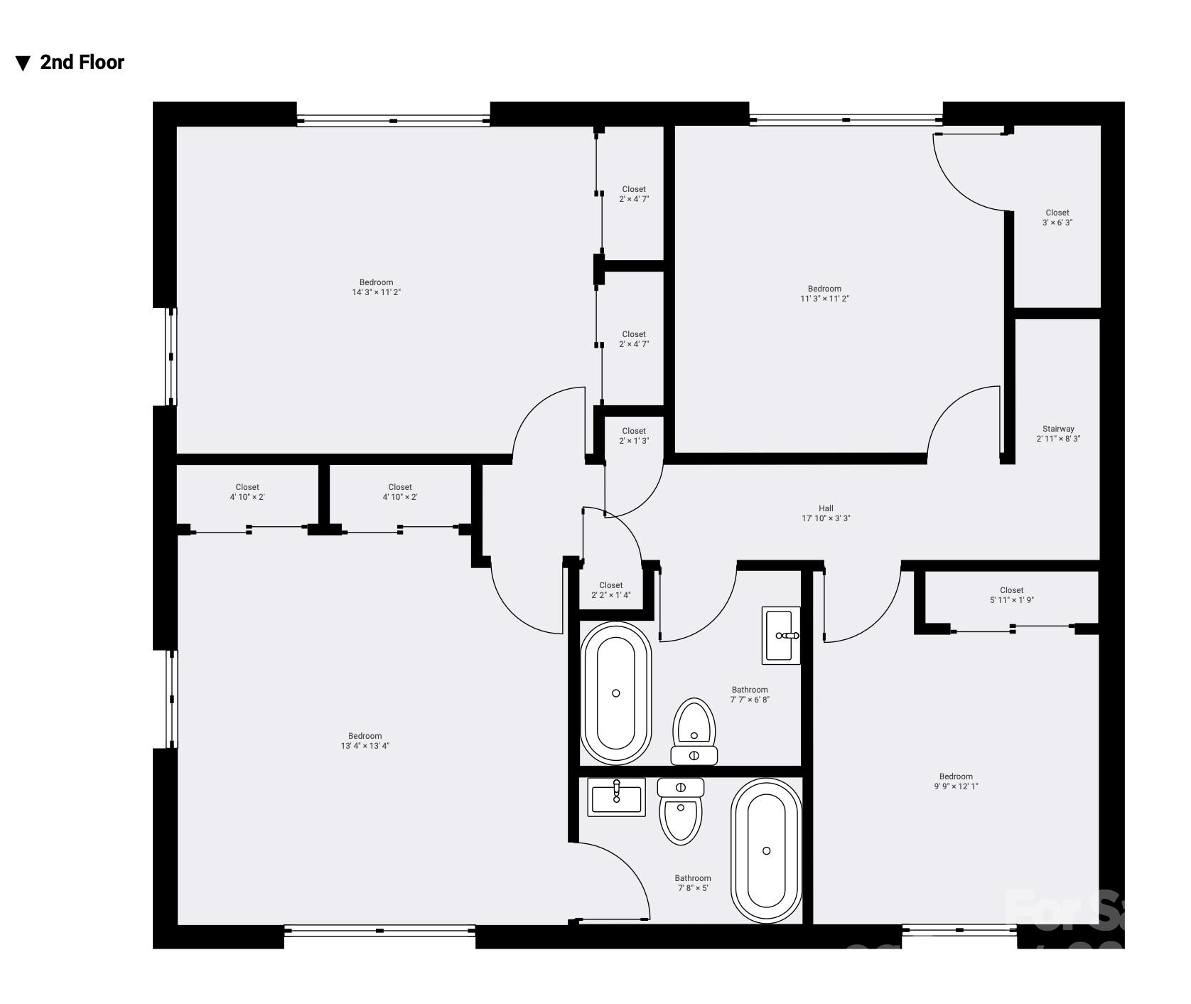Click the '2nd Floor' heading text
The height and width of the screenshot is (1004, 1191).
(82, 63)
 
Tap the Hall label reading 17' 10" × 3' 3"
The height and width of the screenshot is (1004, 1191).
(826, 513)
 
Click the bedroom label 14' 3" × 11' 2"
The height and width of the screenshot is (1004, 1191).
(376, 287)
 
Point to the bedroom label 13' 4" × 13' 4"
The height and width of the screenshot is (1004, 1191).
(365, 741)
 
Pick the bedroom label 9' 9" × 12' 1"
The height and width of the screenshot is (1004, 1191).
(956, 781)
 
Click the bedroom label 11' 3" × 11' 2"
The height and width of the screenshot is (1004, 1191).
(824, 294)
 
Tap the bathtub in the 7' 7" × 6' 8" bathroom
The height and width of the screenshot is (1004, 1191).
(615, 693)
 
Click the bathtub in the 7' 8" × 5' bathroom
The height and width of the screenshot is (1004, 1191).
(767, 850)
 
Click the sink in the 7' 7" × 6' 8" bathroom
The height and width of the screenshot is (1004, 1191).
(781, 635)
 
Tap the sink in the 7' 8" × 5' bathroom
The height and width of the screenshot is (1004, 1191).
(617, 796)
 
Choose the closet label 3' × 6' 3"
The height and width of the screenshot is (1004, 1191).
(1057, 218)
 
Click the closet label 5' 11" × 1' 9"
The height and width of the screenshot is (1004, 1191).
(1011, 595)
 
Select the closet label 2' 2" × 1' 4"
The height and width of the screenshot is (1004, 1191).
(610, 590)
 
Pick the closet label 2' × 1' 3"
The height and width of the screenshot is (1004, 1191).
(634, 436)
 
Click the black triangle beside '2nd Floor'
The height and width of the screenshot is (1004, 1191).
(23, 63)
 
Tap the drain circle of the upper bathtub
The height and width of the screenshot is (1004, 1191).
(616, 693)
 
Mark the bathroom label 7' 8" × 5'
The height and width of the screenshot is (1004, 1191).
(692, 883)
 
